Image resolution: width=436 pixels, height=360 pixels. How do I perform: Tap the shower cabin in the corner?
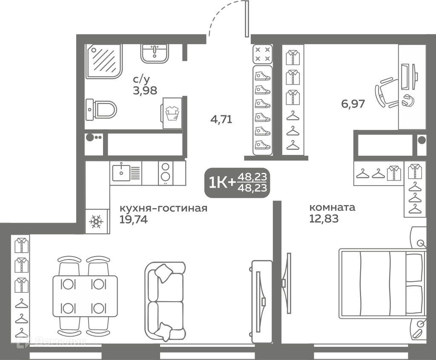coord(104,61)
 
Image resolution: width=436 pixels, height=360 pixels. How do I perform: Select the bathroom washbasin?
coord(154,53)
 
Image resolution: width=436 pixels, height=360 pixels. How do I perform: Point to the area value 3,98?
coord(145,91)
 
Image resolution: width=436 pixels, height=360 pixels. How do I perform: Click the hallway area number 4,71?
coord(221,120)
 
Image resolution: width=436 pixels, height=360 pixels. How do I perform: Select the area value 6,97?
coord(353,104)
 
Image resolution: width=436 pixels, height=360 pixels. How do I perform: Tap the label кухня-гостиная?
coord(163,208)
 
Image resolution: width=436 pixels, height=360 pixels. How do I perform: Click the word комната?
coord(332,207)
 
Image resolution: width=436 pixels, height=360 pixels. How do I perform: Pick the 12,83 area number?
coord(324,219)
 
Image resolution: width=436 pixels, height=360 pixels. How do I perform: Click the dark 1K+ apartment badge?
coord(237,183)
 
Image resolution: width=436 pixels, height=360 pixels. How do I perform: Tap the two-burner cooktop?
coord(166,173)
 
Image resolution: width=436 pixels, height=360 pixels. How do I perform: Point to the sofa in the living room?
coord(165,301)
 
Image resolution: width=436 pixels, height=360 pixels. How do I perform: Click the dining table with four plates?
coord(85,296)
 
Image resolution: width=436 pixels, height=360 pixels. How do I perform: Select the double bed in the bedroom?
coord(382,283)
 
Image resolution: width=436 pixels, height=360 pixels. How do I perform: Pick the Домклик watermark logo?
coord(52,341)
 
